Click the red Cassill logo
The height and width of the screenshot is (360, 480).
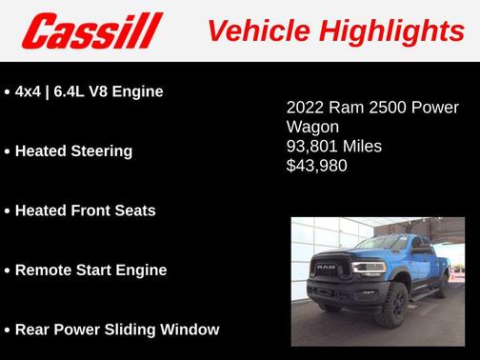93,31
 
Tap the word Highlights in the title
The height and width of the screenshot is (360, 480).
390,30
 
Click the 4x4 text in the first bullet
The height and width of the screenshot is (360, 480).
27,91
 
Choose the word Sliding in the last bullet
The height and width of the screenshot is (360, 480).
138,330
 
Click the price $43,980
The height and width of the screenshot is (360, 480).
317,166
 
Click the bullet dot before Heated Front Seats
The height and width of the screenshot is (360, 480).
8,210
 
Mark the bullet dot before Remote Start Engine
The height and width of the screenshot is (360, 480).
8,270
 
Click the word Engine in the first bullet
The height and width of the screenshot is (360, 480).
139,91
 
